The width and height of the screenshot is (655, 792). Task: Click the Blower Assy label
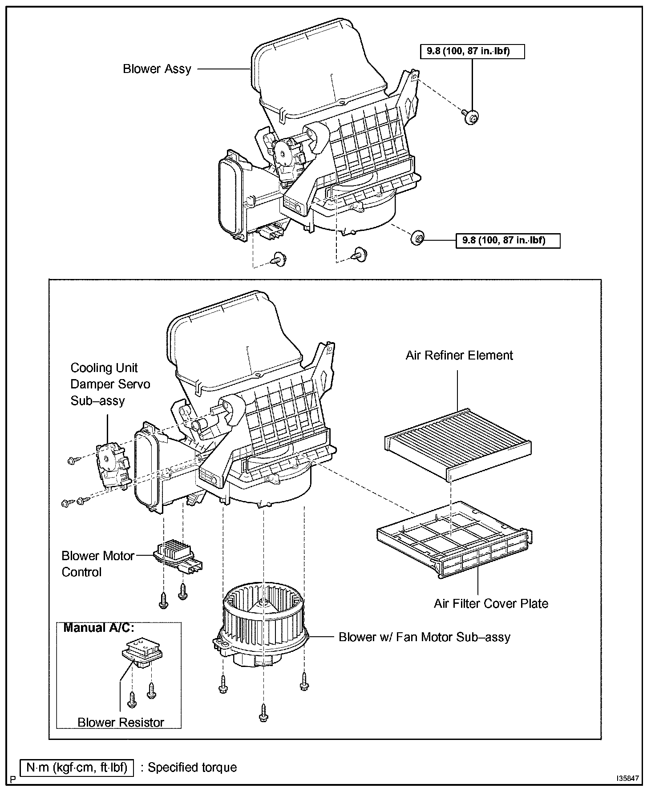click(x=157, y=69)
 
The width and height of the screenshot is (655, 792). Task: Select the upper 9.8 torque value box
click(x=472, y=51)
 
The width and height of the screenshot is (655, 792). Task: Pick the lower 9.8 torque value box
click(x=508, y=241)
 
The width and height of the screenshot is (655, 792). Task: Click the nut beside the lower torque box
click(x=417, y=238)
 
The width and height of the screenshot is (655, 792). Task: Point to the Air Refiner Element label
click(x=459, y=356)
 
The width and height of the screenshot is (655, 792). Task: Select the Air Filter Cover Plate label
click(x=491, y=604)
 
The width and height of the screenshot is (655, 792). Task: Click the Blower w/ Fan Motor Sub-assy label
click(x=424, y=637)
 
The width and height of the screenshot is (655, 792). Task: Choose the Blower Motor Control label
click(x=98, y=564)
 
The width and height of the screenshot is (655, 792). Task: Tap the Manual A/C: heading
click(x=99, y=628)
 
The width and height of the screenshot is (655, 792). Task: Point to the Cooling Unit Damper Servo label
click(x=110, y=384)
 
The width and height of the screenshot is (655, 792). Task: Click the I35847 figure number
click(x=627, y=779)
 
